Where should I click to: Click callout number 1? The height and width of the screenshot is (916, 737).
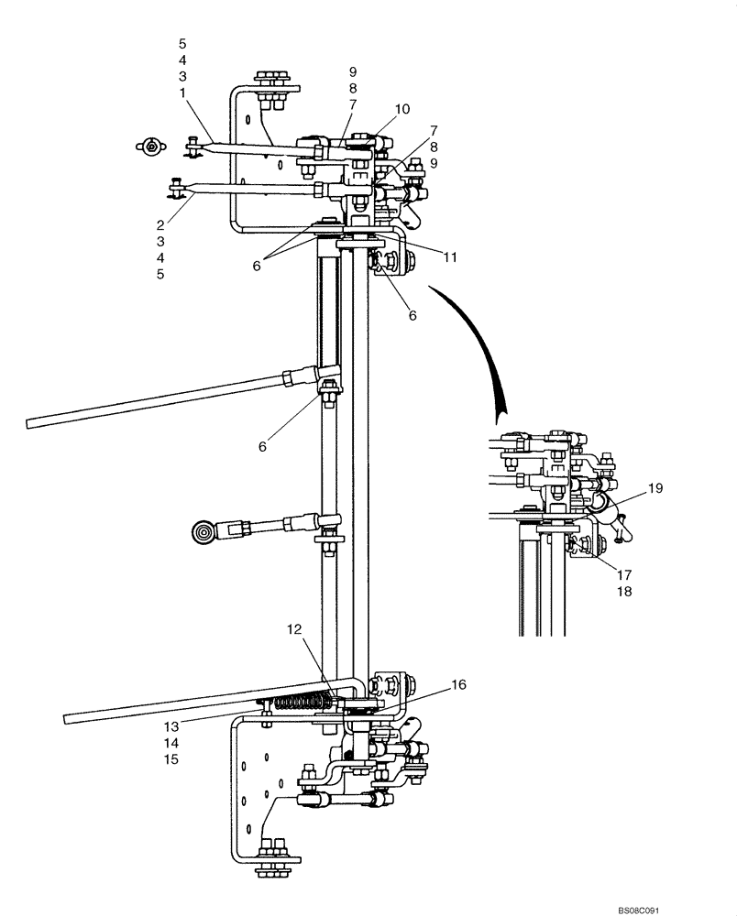tap(182, 93)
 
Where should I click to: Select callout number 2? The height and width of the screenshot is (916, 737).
tap(160, 224)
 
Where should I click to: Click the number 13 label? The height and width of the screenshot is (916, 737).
tap(171, 726)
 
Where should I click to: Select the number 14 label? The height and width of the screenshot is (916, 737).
tap(171, 743)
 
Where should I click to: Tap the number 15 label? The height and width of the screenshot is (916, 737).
tap(171, 759)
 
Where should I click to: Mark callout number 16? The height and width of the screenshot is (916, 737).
tap(457, 684)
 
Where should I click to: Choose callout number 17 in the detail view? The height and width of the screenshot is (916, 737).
tap(623, 575)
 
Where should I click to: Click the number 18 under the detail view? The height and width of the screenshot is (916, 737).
tap(623, 592)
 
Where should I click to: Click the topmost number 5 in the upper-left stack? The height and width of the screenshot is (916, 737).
tap(182, 43)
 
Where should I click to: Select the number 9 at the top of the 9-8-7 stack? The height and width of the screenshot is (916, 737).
tap(352, 71)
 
